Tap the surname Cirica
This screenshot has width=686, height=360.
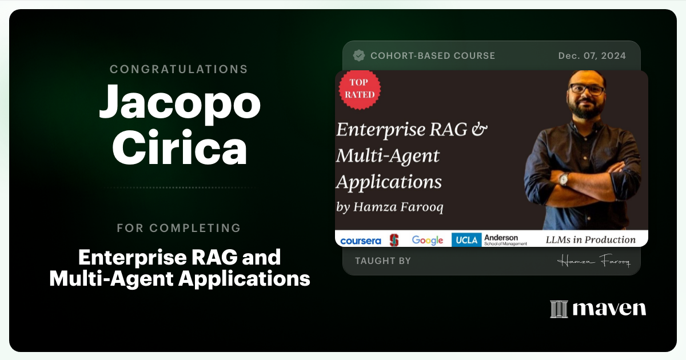tap(180, 149)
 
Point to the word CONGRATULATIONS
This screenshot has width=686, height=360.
tap(179, 69)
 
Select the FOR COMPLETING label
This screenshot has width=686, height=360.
tap(179, 228)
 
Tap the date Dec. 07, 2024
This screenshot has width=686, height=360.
tap(592, 55)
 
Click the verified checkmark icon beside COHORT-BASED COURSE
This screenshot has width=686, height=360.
tap(359, 55)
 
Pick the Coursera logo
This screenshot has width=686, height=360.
tap(360, 241)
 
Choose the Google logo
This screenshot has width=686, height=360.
tap(428, 240)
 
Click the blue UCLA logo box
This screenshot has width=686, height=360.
tap(466, 240)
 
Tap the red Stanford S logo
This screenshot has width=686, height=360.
tap(394, 240)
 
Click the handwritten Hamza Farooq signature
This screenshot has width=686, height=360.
tap(593, 261)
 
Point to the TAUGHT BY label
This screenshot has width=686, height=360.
tap(383, 261)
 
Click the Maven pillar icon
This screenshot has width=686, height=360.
tap(559, 309)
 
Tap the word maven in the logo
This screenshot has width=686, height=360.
tap(609, 309)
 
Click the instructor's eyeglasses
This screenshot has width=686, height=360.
tap(587, 90)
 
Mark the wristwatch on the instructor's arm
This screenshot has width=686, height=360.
tap(564, 179)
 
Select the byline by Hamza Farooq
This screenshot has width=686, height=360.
tap(390, 207)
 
